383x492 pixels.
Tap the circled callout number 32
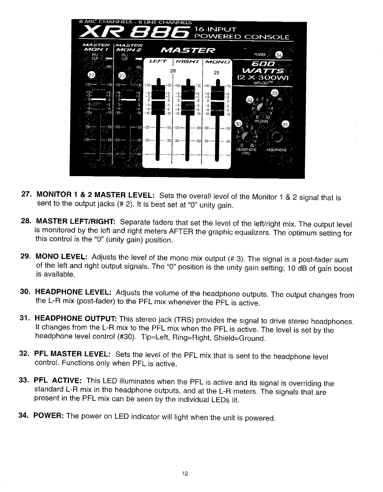click(x=249, y=100)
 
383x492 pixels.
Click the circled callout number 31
click(x=285, y=125)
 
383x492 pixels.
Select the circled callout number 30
click(x=238, y=124)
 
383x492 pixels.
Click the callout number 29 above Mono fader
click(x=217, y=73)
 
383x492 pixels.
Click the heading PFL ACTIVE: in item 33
click(x=58, y=381)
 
